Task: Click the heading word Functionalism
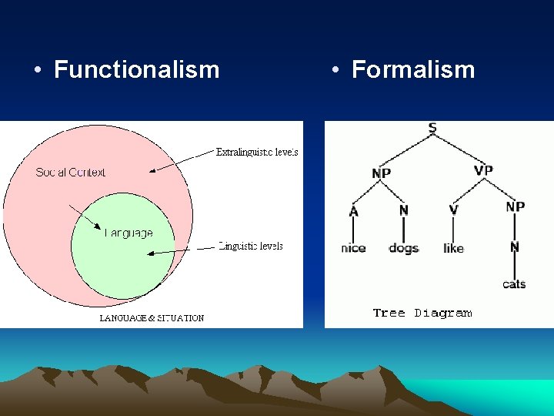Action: (x=136, y=70)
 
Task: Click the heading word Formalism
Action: (x=412, y=70)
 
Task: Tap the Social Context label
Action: (x=71, y=173)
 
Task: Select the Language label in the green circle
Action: (x=128, y=233)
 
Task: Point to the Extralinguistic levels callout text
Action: (x=257, y=153)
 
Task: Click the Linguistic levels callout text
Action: (x=251, y=247)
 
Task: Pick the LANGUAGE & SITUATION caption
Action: (x=152, y=318)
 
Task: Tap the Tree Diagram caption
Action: (x=422, y=313)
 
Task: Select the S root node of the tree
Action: (x=432, y=128)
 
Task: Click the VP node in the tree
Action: (x=483, y=170)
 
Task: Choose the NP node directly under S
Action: (x=381, y=173)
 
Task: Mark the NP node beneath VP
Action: (x=515, y=206)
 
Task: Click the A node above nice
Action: (x=353, y=210)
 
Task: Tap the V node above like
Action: (x=453, y=210)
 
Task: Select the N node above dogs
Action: (x=403, y=210)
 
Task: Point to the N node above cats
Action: (x=514, y=247)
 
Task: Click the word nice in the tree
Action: (x=353, y=248)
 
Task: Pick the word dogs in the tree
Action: (x=403, y=248)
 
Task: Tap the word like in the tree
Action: (x=453, y=248)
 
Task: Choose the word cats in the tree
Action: (x=514, y=284)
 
